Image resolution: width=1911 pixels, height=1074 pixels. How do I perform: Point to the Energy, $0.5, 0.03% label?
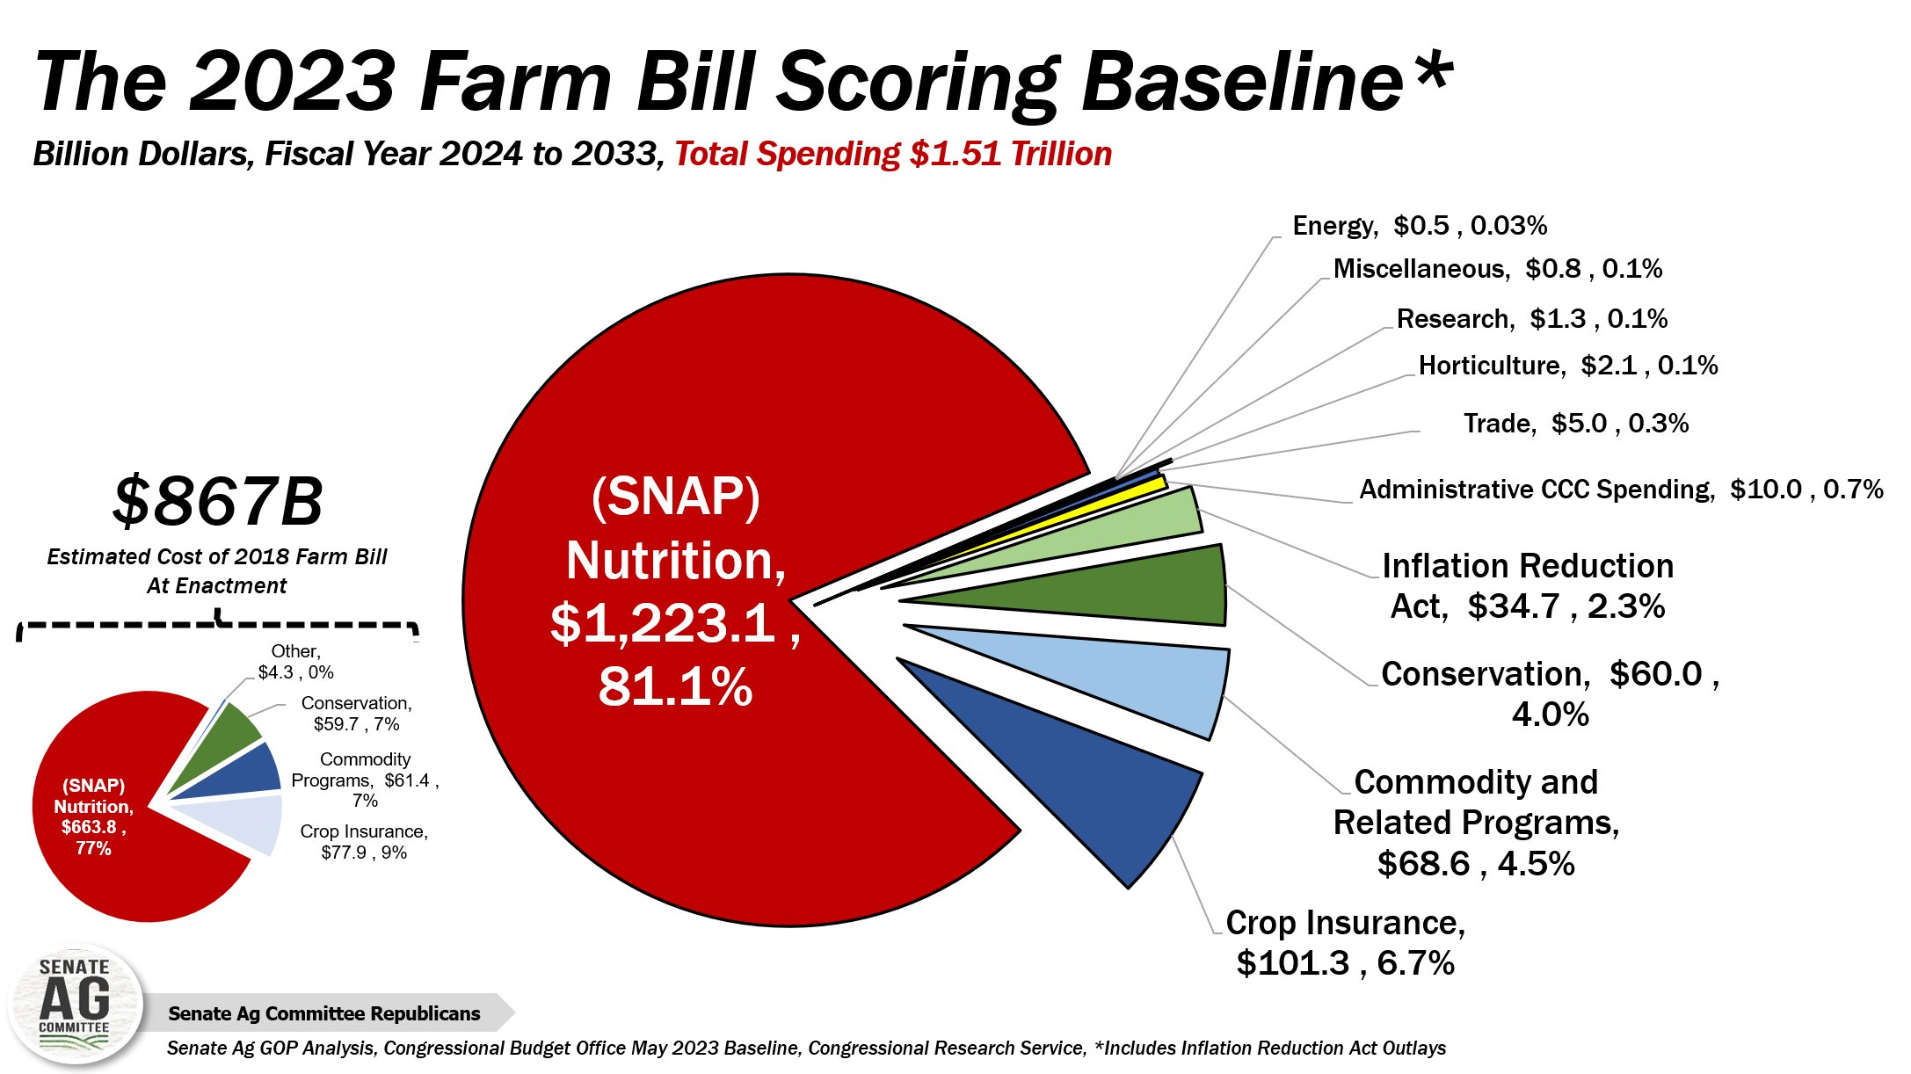[1419, 226]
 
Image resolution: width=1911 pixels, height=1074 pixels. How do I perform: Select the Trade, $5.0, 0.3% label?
[1575, 424]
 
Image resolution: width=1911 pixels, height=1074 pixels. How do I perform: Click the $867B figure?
[217, 502]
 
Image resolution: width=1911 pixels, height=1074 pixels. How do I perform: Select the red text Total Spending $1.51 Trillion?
[892, 154]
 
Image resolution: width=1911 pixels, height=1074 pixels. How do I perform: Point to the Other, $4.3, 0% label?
[295, 662]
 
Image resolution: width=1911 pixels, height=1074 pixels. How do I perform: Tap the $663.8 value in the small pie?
[92, 827]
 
